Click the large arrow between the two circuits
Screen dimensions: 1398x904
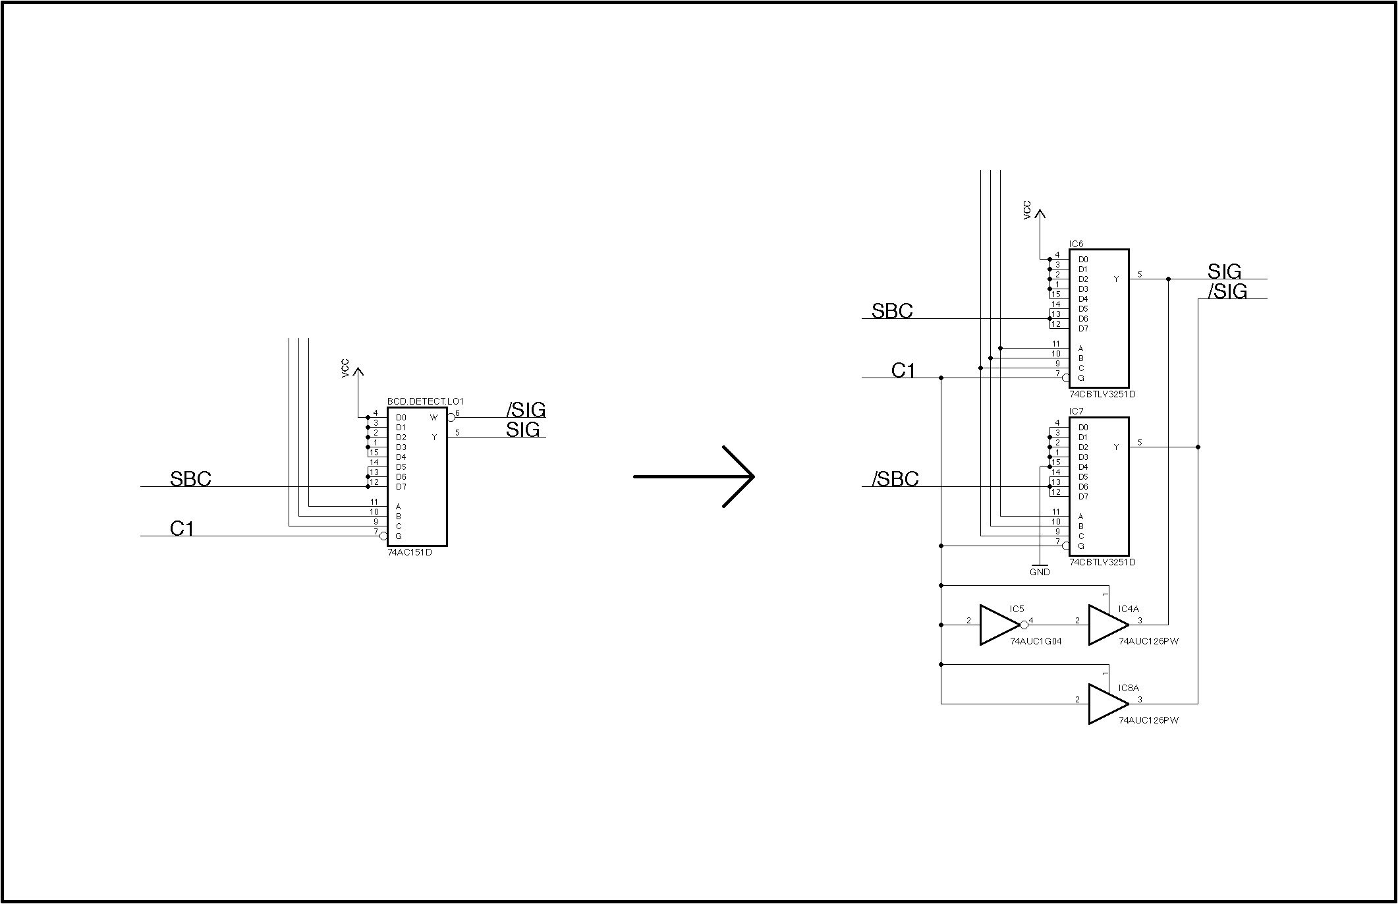tap(694, 476)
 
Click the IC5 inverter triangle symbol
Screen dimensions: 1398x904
tap(999, 625)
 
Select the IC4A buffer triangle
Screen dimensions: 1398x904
tap(1108, 625)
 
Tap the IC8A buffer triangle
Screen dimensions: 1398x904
tap(1108, 704)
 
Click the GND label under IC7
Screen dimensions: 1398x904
tap(1040, 572)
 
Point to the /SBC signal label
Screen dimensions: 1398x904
tap(895, 479)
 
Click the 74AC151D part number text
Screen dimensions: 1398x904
tap(410, 552)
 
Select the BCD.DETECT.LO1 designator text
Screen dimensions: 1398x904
tap(426, 401)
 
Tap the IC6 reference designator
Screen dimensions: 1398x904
tap(1076, 244)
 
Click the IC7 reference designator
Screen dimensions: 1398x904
tap(1076, 412)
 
